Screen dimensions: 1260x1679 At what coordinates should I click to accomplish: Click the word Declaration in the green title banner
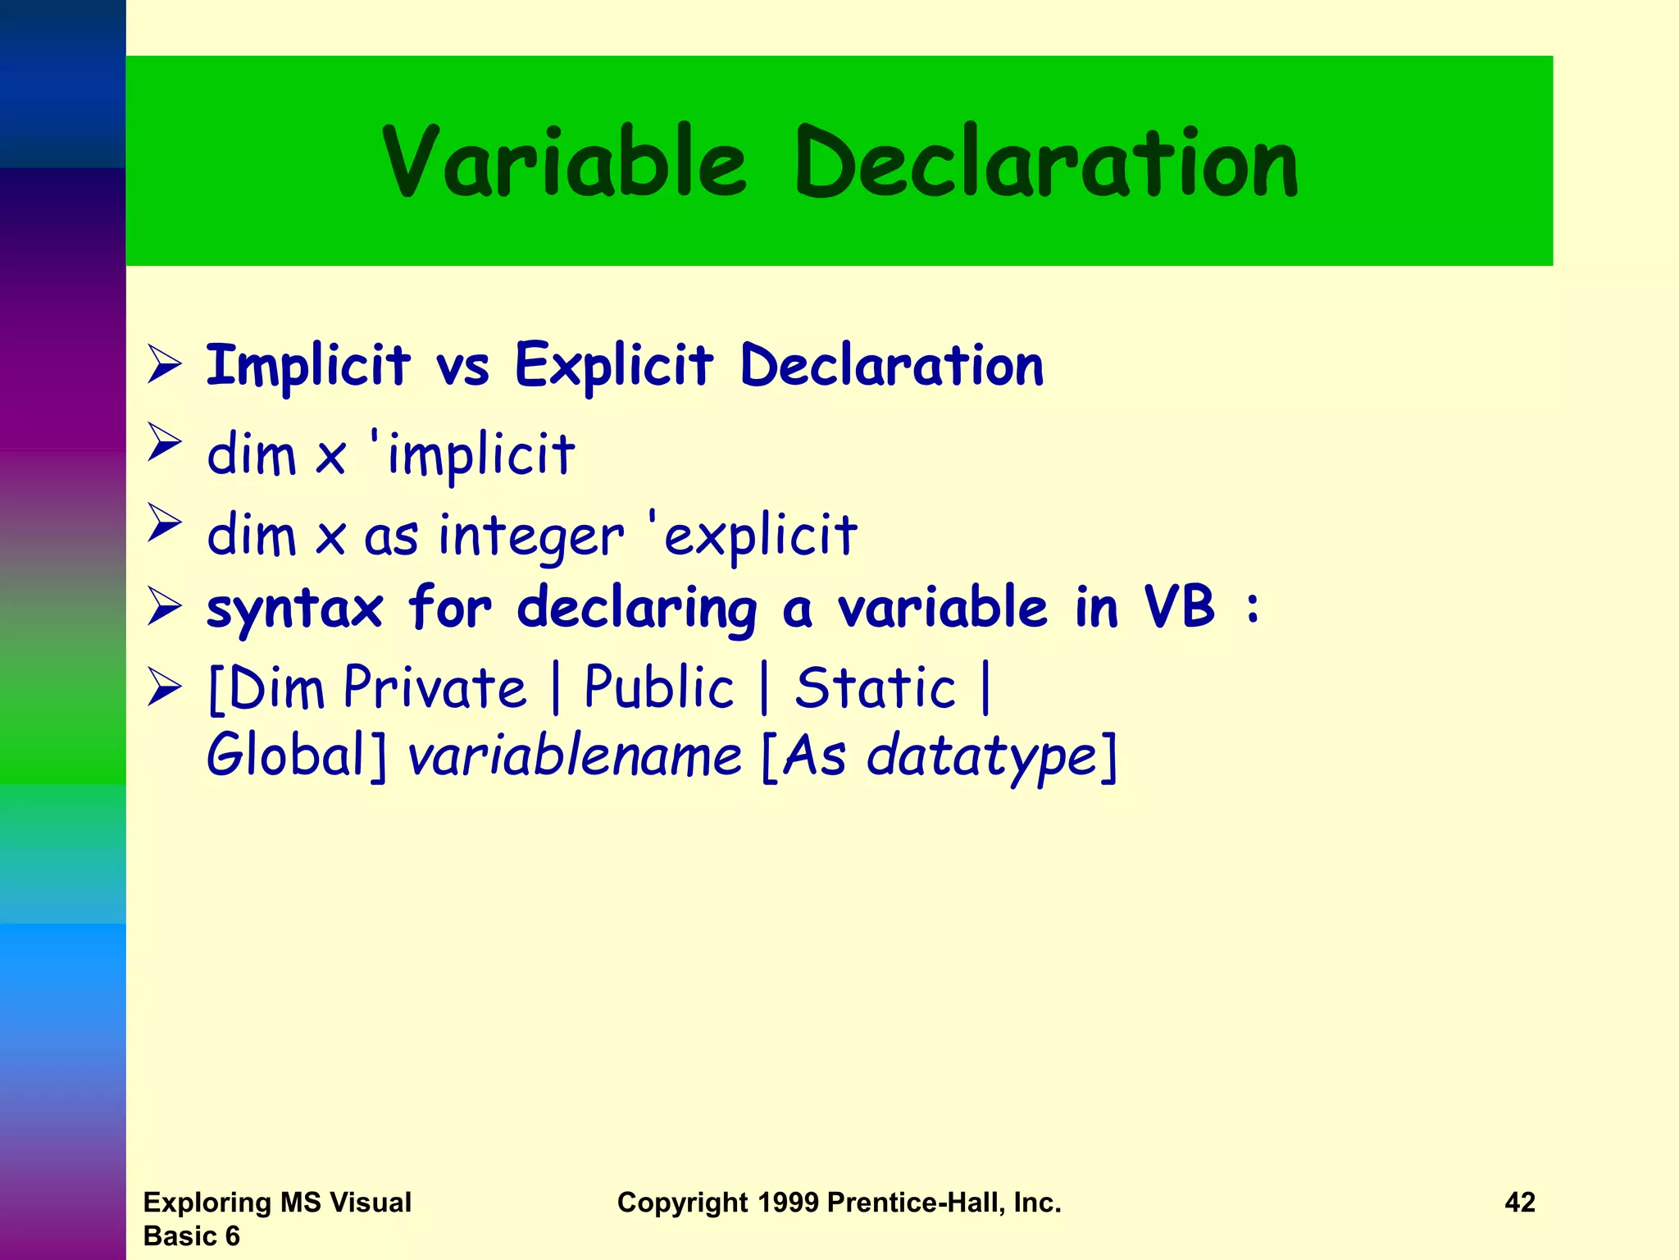tap(1046, 162)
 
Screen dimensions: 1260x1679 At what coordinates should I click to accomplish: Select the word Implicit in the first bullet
tap(307, 365)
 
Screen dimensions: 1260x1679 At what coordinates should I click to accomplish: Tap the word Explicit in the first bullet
tap(614, 365)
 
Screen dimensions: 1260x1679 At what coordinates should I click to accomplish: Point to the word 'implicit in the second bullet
tap(472, 454)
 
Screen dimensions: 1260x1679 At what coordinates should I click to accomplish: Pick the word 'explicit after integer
tap(753, 534)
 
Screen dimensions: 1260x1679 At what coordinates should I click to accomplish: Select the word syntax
tap(294, 609)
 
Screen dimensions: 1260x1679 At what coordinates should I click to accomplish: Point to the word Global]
tap(296, 756)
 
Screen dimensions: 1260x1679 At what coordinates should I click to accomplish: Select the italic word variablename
tap(575, 756)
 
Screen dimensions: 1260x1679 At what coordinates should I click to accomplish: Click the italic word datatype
tap(981, 757)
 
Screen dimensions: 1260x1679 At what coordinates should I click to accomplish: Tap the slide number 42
tap(1519, 1203)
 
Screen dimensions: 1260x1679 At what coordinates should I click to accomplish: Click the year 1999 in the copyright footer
tap(787, 1203)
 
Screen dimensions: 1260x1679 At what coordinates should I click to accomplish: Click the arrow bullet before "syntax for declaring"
tap(165, 609)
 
